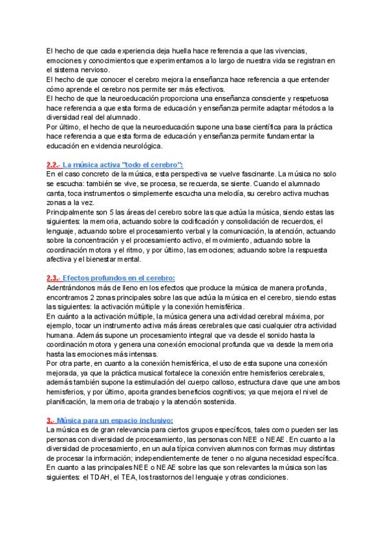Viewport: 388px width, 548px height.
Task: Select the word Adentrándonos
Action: (72, 288)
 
